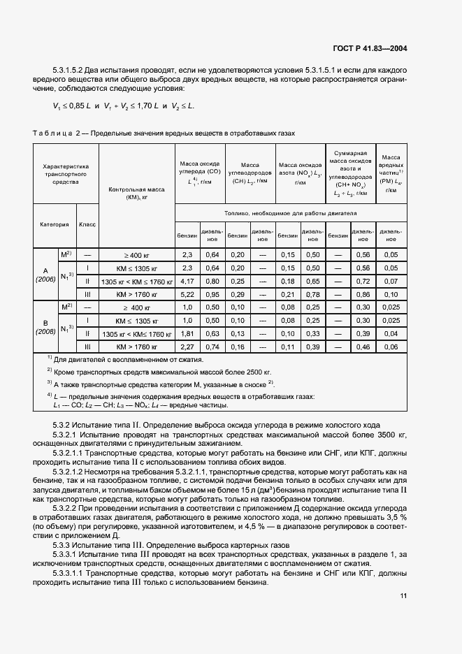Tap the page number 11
[x=403, y=596]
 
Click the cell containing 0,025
[x=391, y=307]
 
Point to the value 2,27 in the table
[x=187, y=347]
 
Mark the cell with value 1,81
[x=187, y=333]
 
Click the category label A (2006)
[x=45, y=275]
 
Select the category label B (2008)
[x=45, y=327]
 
